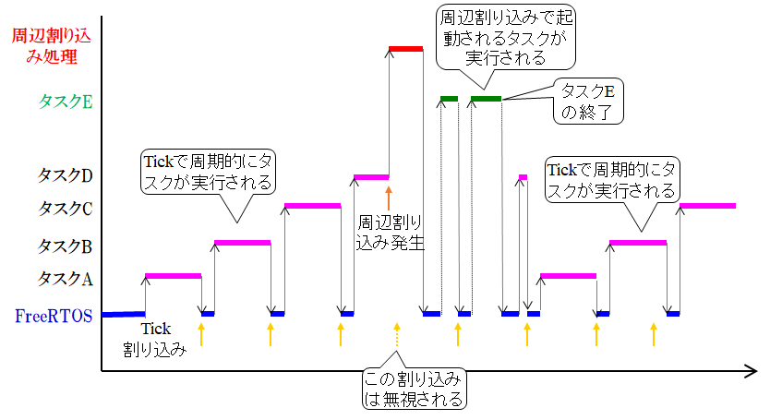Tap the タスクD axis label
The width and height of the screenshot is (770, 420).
(65, 174)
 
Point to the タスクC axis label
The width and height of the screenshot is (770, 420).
(65, 209)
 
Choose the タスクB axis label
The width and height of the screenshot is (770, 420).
(65, 246)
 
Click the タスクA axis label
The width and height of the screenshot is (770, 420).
(65, 278)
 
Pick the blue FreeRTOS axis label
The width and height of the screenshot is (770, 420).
(54, 316)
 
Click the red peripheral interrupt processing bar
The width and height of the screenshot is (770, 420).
(405, 48)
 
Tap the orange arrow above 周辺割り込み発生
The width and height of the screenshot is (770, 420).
(389, 197)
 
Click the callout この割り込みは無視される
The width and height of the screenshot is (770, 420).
(412, 389)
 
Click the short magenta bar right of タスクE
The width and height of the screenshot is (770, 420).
(523, 176)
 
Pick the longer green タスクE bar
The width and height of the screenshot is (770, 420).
(486, 98)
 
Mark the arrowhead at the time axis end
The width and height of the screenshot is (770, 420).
(750, 372)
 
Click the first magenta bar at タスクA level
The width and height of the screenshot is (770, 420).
(173, 275)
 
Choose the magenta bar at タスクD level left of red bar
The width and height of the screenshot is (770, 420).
(371, 176)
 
